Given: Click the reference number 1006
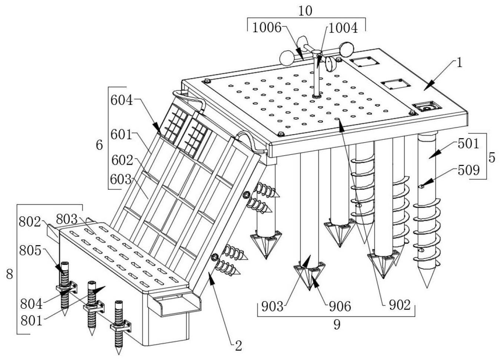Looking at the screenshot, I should tap(267, 28).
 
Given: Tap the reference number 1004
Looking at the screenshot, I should tap(343, 28).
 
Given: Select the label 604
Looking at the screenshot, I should tap(121, 100).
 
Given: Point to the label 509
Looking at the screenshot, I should tap(469, 170).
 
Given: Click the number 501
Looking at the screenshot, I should tap(469, 143).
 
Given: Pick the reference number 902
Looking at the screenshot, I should tap(399, 305).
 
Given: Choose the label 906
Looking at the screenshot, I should tap(340, 306).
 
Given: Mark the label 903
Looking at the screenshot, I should tap(272, 306).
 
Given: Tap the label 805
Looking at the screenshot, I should tap(30, 250).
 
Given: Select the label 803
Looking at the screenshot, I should tap(67, 219).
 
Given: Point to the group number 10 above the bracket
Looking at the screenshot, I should tap(305, 11).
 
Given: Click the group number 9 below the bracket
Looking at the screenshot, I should tap(337, 324).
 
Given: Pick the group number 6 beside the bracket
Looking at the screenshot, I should tap(99, 145).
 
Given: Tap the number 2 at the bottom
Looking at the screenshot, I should tap(239, 346).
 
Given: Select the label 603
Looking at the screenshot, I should tap(121, 179).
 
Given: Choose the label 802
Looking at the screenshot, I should tap(30, 221).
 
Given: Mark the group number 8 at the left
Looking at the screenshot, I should tap(10, 274).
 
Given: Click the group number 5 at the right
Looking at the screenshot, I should tap(492, 157).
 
